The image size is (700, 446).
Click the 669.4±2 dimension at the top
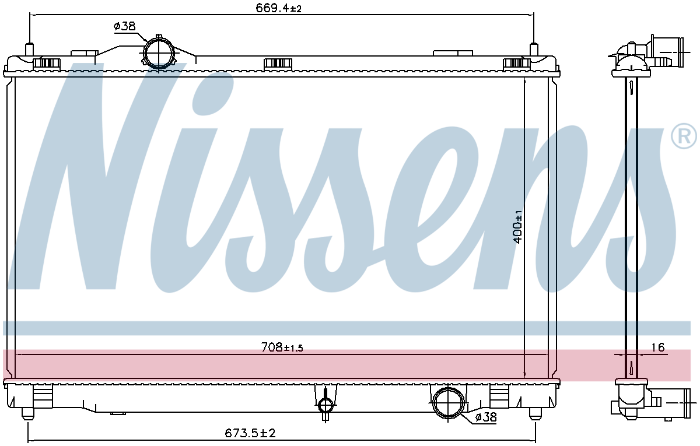(278, 8)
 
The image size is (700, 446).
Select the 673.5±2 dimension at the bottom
(250, 433)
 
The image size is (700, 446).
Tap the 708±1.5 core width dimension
(282, 347)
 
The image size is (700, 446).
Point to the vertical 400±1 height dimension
(518, 227)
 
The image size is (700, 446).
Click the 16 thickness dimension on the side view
(657, 347)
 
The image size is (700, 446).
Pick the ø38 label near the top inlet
(125, 26)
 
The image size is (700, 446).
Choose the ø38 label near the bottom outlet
(485, 417)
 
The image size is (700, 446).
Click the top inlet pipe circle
(159, 54)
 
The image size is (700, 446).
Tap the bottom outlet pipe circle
(448, 403)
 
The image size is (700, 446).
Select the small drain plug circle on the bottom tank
(325, 406)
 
